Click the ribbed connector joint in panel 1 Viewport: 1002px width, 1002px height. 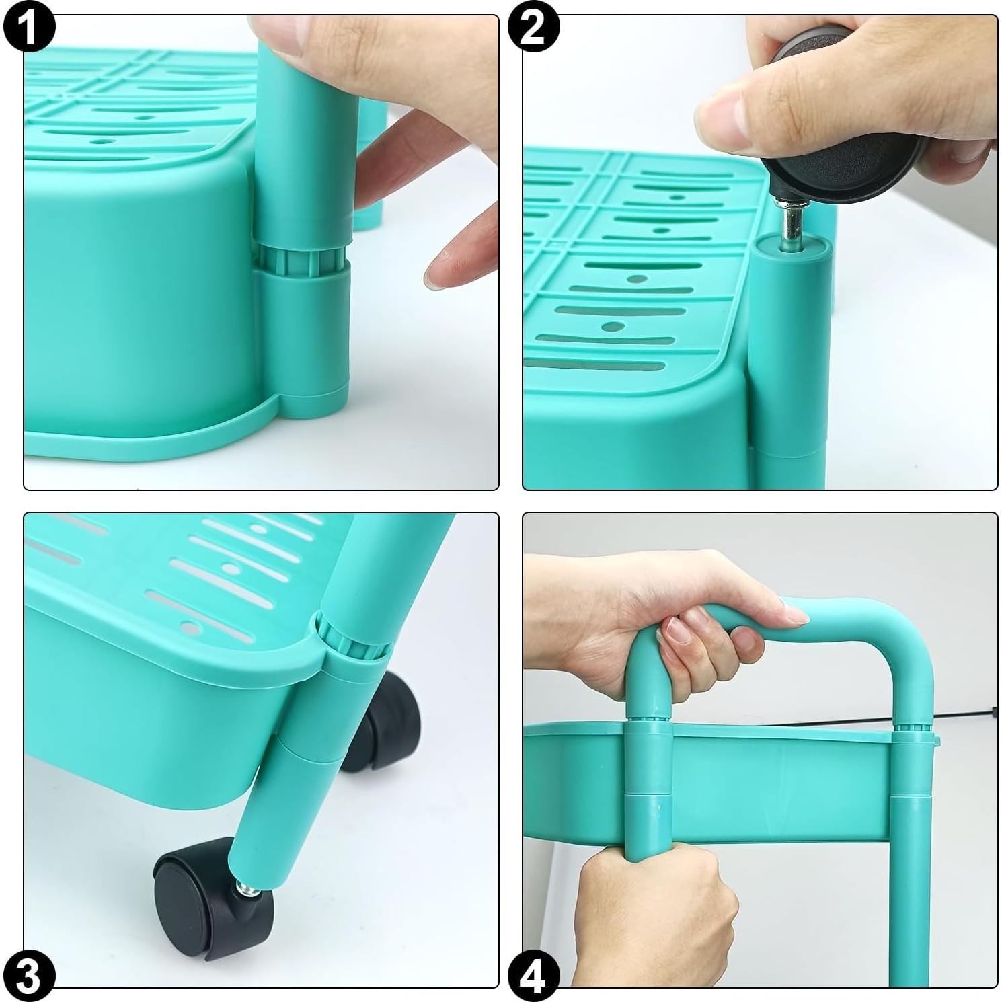pos(301,260)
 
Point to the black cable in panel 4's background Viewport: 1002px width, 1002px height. pos(962,715)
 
